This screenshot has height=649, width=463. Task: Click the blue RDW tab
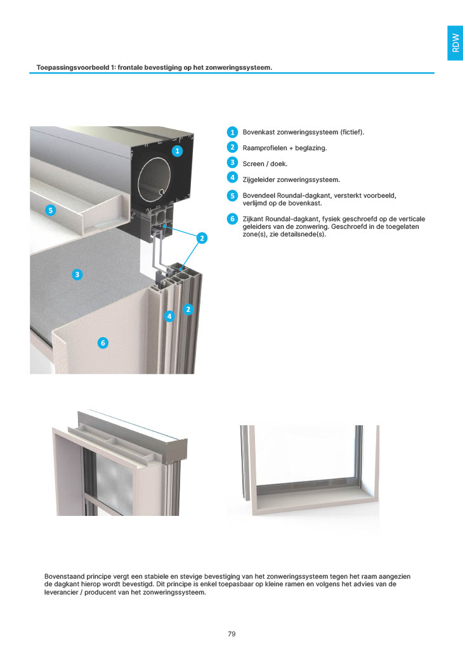coord(455,43)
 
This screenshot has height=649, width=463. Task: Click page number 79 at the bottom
coord(231,634)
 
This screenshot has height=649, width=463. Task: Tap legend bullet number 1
coord(232,132)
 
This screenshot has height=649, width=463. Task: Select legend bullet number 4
coord(232,177)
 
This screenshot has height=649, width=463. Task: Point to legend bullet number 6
coord(232,219)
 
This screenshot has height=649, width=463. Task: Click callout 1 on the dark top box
coord(177,151)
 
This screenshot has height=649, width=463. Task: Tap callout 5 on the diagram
coord(51,210)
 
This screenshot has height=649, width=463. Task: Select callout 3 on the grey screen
coord(77,274)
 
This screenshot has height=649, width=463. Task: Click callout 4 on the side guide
coord(169,317)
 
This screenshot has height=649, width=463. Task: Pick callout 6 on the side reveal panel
coord(103,343)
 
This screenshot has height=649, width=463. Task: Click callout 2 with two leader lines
coord(202,238)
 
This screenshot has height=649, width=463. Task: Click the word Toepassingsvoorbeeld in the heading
coord(73,67)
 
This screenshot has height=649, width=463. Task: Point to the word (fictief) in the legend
coord(352,132)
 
